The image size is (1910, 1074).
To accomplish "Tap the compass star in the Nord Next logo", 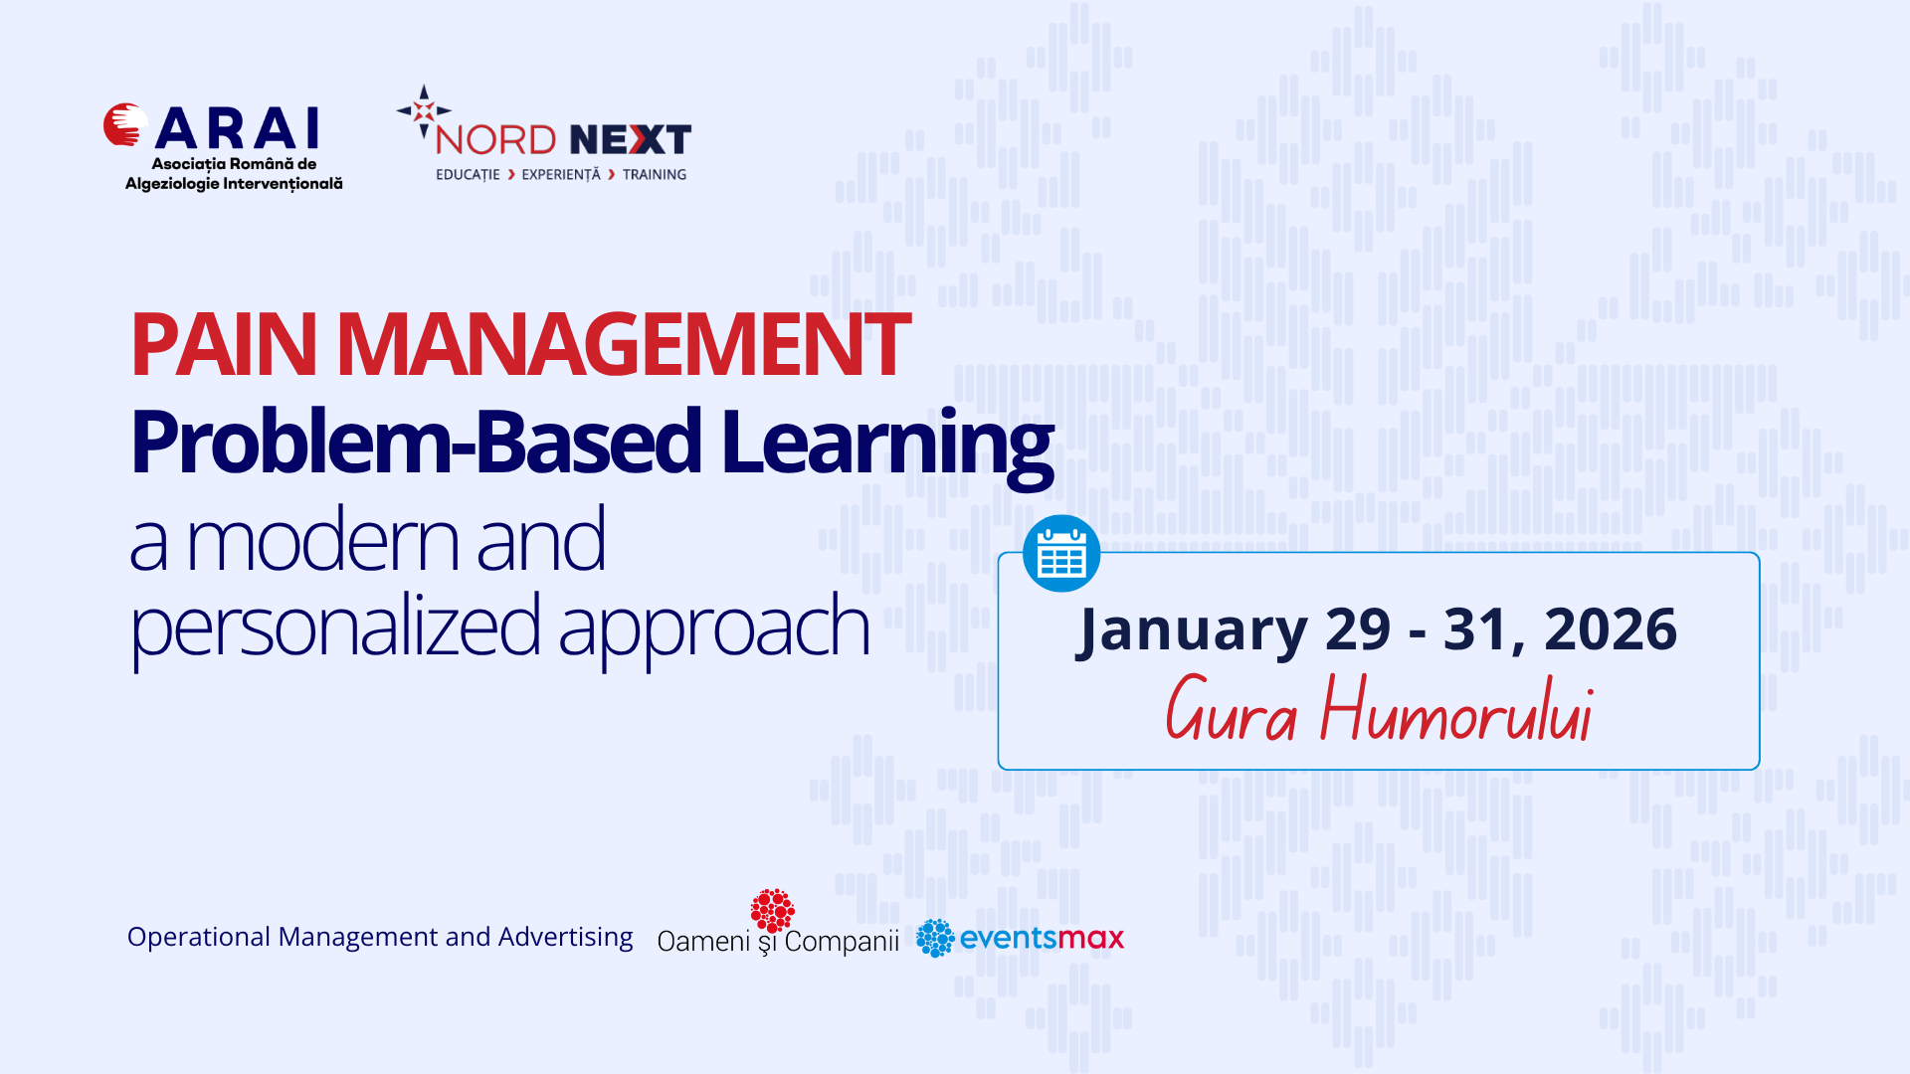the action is point(424,110).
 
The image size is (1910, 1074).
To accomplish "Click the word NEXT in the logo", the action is point(631,140).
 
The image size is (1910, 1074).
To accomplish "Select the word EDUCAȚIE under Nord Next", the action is point(468,175).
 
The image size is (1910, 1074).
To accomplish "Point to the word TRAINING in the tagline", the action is point(655,175).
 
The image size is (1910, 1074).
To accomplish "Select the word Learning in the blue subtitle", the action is point(887,445).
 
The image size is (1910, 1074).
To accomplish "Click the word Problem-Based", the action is point(417,441).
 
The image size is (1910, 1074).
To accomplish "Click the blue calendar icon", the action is point(1061,553).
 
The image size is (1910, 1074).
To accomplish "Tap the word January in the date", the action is point(1192,630).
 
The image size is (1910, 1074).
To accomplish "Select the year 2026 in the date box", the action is point(1611,629).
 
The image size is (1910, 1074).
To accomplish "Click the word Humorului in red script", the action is point(1457,710).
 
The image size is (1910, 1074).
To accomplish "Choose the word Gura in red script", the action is point(1232,709).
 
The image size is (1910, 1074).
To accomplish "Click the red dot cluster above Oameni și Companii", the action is point(773,911).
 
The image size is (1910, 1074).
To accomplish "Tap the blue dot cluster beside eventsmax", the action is point(935,938).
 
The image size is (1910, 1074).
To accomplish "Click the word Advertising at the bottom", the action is point(565,938).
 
